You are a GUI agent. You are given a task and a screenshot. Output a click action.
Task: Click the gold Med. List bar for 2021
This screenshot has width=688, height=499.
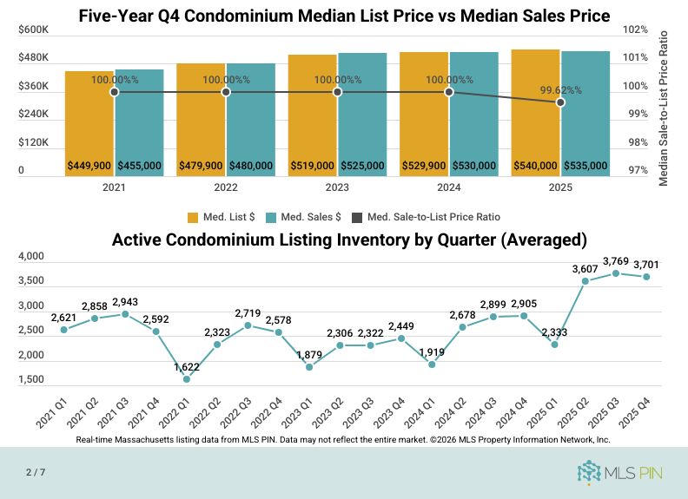click(89, 121)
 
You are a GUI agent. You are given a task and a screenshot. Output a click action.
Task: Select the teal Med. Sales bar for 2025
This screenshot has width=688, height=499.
click(585, 113)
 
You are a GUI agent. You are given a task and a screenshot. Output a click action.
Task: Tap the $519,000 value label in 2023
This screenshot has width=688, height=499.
click(312, 166)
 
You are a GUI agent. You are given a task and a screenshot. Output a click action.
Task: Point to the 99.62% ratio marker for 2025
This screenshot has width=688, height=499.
click(560, 102)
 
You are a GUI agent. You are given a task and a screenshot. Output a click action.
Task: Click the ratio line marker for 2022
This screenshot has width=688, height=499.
click(226, 92)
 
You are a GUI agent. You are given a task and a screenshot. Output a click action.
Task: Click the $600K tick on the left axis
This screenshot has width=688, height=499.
click(33, 30)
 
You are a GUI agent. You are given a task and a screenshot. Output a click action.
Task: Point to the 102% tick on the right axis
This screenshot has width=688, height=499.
click(636, 30)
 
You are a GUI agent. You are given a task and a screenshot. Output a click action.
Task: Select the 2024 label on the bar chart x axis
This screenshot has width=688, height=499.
click(449, 187)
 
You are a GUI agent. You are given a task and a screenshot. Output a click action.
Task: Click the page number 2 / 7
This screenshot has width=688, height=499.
click(36, 472)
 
